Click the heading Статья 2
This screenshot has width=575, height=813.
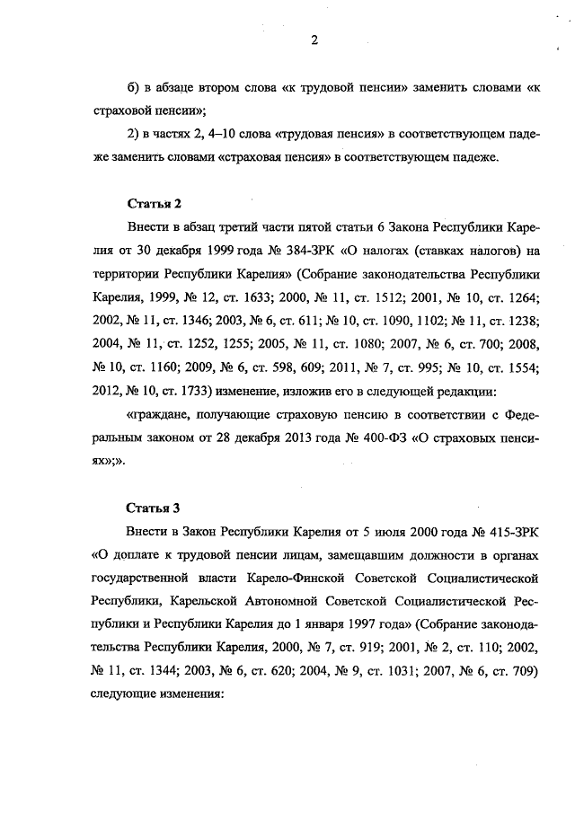coord(146,203)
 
